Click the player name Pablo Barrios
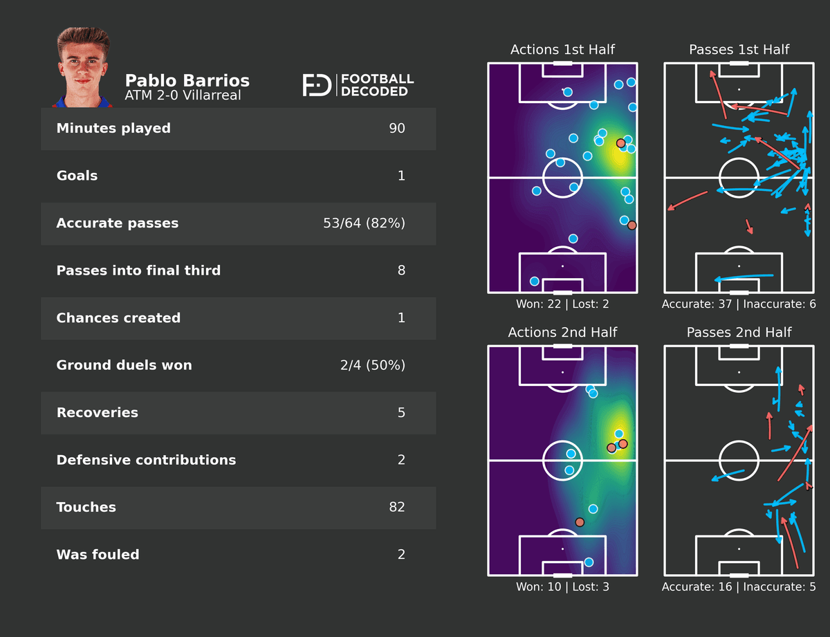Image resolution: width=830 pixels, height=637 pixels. click(x=187, y=80)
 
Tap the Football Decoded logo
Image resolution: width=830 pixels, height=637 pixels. click(x=358, y=85)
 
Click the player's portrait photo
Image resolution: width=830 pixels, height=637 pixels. click(x=83, y=68)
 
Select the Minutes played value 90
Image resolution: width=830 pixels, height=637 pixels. click(x=396, y=129)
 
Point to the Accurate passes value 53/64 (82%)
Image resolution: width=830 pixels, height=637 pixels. click(x=364, y=223)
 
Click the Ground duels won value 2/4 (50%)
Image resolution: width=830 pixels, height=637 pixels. click(x=372, y=365)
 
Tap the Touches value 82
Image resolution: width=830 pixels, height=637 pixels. click(x=396, y=507)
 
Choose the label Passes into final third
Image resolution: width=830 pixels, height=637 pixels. click(x=138, y=270)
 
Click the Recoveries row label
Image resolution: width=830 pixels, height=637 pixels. click(x=97, y=413)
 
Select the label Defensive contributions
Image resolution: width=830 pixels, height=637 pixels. click(x=146, y=460)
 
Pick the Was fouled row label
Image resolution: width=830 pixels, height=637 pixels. click(x=98, y=555)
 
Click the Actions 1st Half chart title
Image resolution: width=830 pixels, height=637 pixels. click(x=562, y=50)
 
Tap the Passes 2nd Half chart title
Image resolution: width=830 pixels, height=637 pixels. click(x=739, y=333)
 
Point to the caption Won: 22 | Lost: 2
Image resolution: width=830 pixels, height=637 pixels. click(x=562, y=304)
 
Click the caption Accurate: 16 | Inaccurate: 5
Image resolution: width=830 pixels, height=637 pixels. click(x=739, y=587)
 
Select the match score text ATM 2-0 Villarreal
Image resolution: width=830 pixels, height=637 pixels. click(x=183, y=95)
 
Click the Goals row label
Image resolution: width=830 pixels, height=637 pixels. click(x=77, y=176)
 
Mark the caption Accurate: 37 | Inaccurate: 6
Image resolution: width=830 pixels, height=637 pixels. click(x=739, y=304)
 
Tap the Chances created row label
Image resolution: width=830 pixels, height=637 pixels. click(x=118, y=318)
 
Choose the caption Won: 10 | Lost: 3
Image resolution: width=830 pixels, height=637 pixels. click(x=562, y=587)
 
